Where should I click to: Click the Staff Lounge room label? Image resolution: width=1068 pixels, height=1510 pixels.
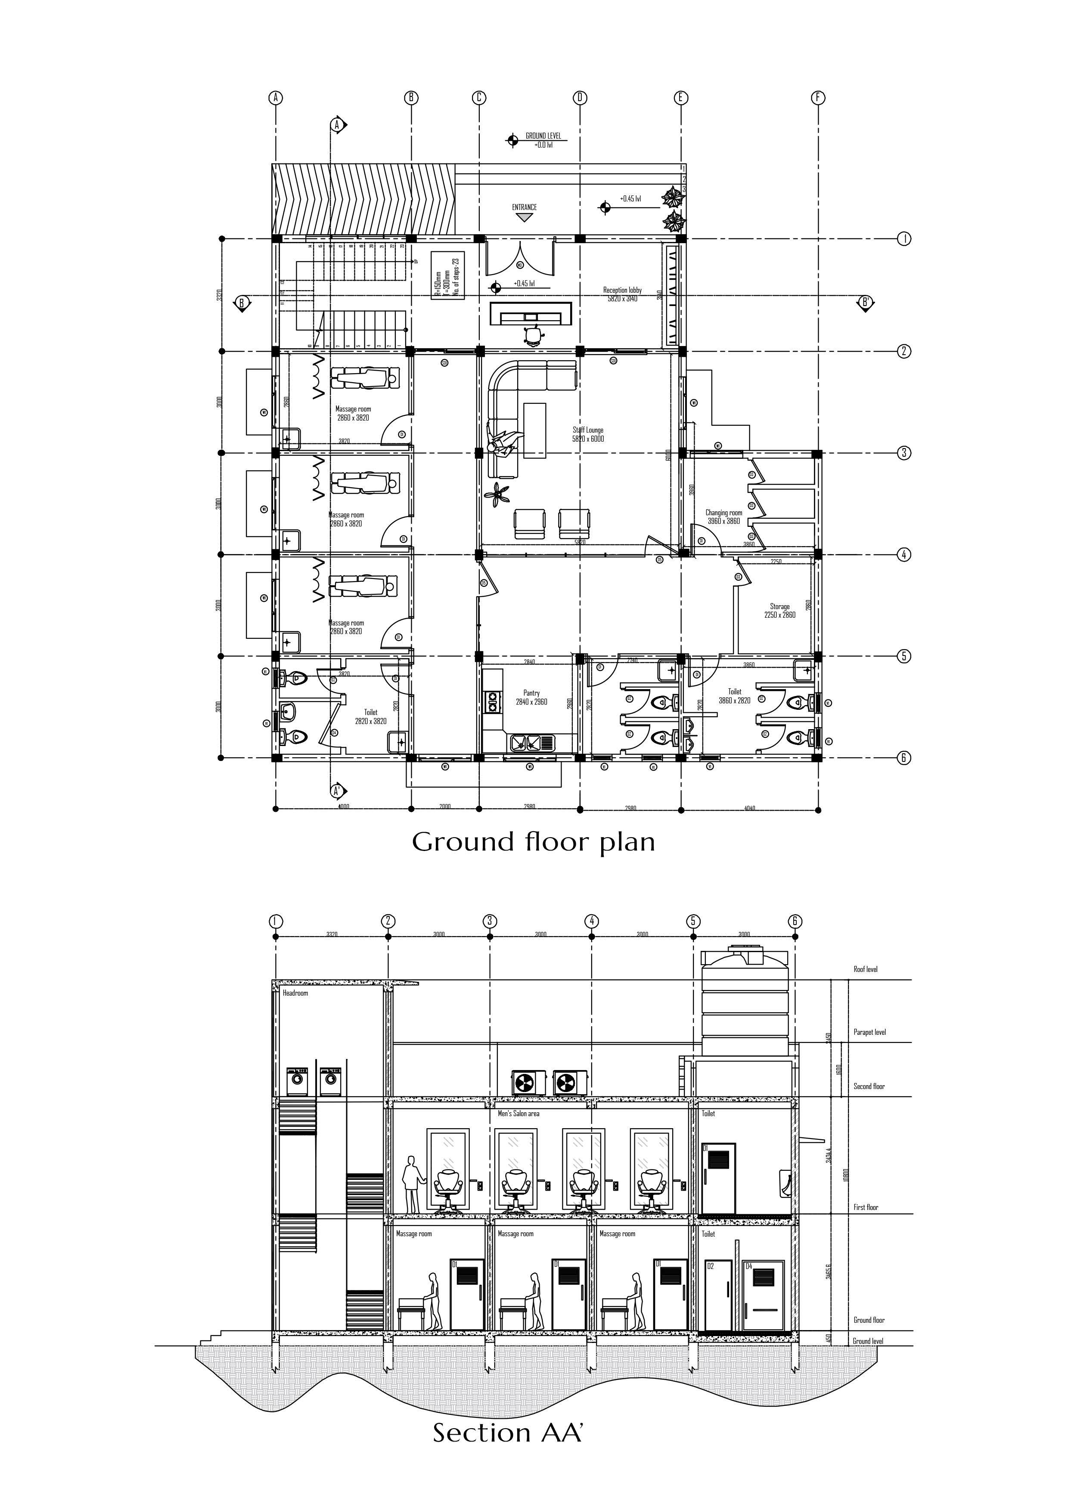pos(588,434)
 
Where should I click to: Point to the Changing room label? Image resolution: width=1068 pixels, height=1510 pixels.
pos(724,516)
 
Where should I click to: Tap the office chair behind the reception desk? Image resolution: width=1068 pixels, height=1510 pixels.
pos(533,335)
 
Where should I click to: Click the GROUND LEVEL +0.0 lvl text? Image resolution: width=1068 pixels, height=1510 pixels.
pos(543,140)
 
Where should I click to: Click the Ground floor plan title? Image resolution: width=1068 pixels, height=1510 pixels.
pos(533,842)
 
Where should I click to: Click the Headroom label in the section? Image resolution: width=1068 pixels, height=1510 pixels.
pos(295,993)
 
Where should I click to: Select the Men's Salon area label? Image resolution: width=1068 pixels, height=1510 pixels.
pos(518,1114)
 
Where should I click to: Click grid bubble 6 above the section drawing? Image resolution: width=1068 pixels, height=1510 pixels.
pos(795,921)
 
